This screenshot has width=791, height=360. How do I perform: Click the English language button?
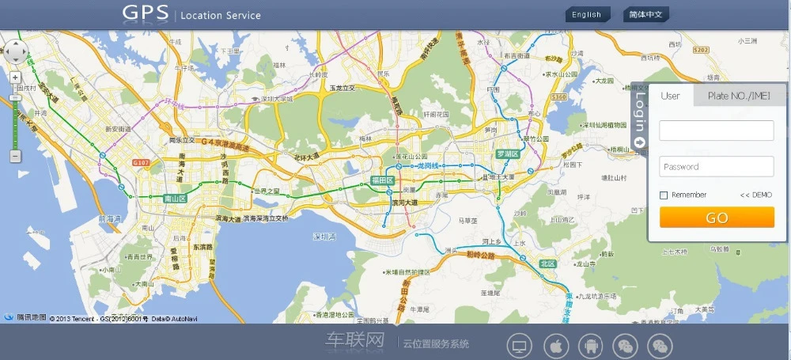(x=587, y=14)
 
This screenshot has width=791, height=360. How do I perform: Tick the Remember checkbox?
(x=664, y=195)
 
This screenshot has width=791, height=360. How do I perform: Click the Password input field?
(x=716, y=166)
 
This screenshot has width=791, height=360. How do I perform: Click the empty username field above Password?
(x=716, y=131)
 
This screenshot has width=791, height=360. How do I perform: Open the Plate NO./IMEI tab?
(x=739, y=96)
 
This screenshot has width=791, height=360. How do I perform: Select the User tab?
(x=670, y=96)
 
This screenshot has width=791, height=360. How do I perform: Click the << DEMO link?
(x=755, y=195)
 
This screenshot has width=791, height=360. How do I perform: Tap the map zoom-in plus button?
(x=15, y=78)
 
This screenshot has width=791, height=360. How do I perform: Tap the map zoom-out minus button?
(x=15, y=157)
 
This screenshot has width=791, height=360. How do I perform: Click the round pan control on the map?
(x=16, y=51)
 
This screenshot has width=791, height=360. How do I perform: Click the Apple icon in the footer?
(x=556, y=346)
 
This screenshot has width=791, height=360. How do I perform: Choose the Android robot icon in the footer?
(x=591, y=346)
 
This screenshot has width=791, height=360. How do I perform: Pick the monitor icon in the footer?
(x=520, y=346)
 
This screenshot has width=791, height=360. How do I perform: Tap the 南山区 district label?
(x=174, y=199)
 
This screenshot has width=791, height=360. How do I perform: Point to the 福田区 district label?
(x=382, y=180)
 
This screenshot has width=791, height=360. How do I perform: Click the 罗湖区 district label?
(x=507, y=153)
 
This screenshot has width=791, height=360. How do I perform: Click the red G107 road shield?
(x=141, y=162)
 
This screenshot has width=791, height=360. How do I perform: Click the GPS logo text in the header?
(x=145, y=13)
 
